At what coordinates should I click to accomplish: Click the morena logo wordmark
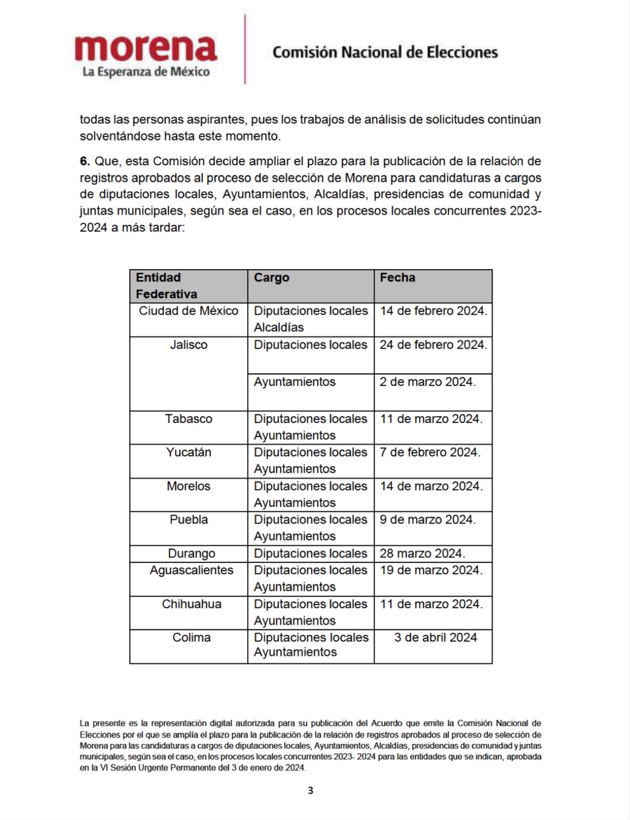click(146, 49)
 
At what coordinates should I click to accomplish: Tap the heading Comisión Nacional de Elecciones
click(385, 52)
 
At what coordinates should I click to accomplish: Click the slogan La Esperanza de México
click(146, 72)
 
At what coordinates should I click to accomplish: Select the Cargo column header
click(271, 278)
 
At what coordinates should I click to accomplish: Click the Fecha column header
click(397, 278)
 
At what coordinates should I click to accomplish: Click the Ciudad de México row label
click(188, 311)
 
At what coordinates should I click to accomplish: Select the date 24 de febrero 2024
click(433, 345)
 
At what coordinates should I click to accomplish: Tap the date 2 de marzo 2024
click(427, 382)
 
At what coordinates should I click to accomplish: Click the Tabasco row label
click(188, 419)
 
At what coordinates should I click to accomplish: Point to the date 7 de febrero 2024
click(430, 452)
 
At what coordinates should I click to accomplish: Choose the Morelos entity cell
click(188, 486)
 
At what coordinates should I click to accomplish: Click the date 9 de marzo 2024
click(427, 520)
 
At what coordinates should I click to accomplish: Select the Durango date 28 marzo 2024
click(422, 554)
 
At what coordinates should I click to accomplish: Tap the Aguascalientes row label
click(191, 570)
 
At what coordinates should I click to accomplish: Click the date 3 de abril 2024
click(435, 637)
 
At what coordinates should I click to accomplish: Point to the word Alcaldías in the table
click(278, 327)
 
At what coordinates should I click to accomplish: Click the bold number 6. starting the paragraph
click(85, 161)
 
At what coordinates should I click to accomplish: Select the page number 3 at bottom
click(310, 790)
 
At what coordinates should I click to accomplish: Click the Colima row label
click(191, 637)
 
